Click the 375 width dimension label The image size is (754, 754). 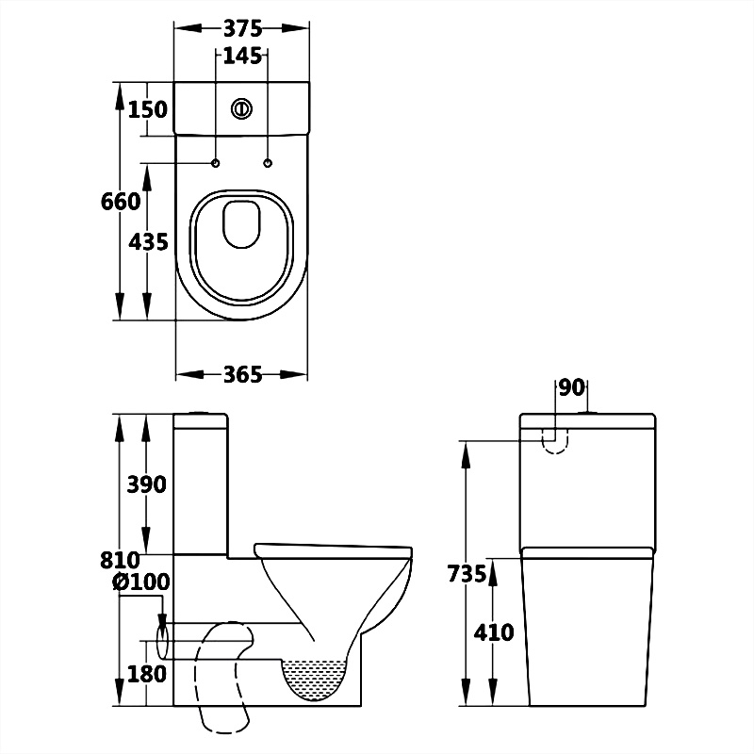tap(242, 29)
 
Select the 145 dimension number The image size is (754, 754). tap(242, 57)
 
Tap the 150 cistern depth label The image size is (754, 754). tap(147, 109)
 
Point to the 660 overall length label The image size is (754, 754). tap(120, 201)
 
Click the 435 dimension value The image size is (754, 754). tap(148, 241)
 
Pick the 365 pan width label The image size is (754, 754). tap(242, 374)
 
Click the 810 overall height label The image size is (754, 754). tap(121, 560)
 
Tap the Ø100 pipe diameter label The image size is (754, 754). tap(141, 582)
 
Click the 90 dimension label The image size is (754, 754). tap(572, 387)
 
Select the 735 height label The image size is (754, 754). tap(467, 573)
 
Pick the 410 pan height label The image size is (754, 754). tap(495, 631)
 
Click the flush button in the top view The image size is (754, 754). tap(242, 108)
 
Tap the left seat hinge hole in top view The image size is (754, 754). tap(216, 164)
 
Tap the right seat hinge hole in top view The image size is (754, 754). tap(269, 164)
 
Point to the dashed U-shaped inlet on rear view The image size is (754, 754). tap(557, 438)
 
